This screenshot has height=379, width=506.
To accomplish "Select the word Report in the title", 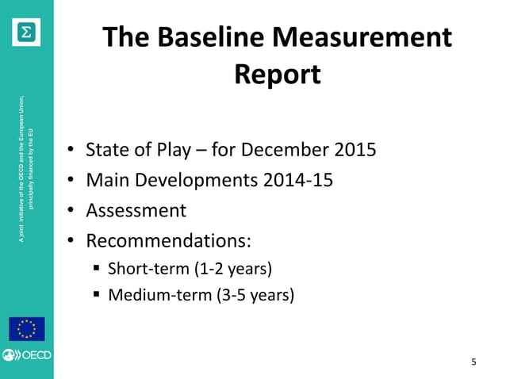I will pyautogui.click(x=278, y=75).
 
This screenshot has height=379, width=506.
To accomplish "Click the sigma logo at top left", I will pyautogui.click(x=26, y=31).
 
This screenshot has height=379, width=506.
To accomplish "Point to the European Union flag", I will pyautogui.click(x=26, y=328).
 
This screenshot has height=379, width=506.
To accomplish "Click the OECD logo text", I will pyautogui.click(x=35, y=355).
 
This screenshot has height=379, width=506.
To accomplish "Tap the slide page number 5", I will pyautogui.click(x=473, y=363).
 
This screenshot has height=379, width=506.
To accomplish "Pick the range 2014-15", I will pyautogui.click(x=298, y=180).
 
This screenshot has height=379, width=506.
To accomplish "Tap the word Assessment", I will pyautogui.click(x=136, y=210).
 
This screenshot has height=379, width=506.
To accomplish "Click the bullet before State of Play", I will pyautogui.click(x=71, y=151).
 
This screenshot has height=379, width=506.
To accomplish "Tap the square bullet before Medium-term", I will pyautogui.click(x=97, y=297).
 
